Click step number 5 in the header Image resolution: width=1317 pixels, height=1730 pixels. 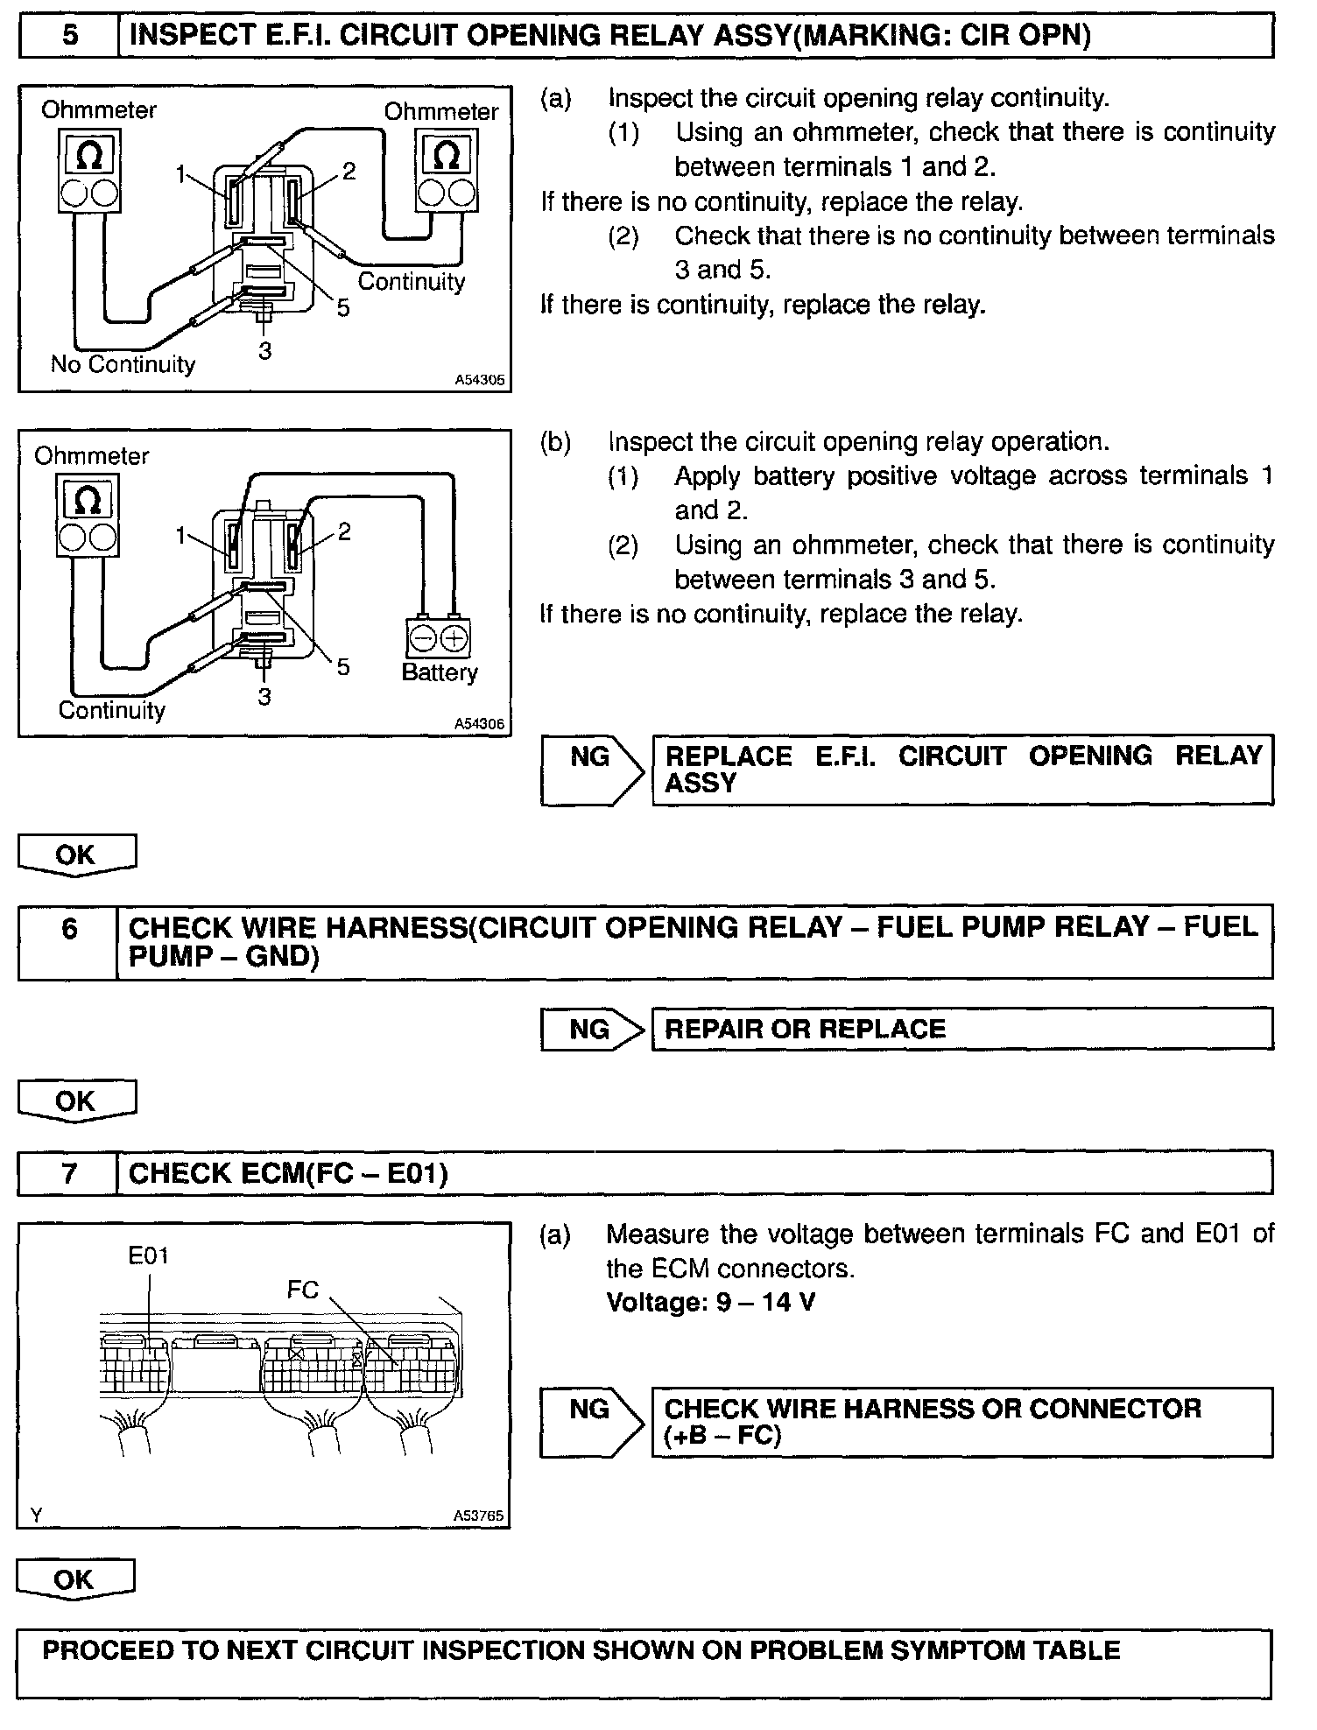tap(70, 36)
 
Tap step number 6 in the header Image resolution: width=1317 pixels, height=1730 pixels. tap(69, 928)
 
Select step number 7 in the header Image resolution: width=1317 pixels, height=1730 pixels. tap(69, 1173)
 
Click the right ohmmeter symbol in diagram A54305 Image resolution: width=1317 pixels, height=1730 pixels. tap(447, 171)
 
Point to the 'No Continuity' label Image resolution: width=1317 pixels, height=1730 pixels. tap(123, 364)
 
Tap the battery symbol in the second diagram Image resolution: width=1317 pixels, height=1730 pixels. tap(439, 638)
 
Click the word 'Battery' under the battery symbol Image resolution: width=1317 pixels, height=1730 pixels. tap(440, 672)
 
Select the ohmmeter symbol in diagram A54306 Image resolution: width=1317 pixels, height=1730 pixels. tap(88, 516)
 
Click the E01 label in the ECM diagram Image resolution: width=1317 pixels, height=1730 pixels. tap(148, 1255)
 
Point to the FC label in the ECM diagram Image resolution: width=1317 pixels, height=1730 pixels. tap(303, 1290)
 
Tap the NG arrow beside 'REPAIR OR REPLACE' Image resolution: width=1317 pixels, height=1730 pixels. tap(592, 1029)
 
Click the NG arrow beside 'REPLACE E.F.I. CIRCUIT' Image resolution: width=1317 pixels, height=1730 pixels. tap(592, 769)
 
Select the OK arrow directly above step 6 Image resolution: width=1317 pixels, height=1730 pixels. tap(76, 854)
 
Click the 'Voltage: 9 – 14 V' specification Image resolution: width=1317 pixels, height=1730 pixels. tap(711, 1303)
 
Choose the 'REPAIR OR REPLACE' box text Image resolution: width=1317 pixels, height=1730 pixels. tap(806, 1029)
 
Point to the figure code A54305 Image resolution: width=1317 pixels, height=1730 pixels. tap(480, 381)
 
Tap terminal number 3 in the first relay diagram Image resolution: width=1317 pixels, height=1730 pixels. tap(264, 351)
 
